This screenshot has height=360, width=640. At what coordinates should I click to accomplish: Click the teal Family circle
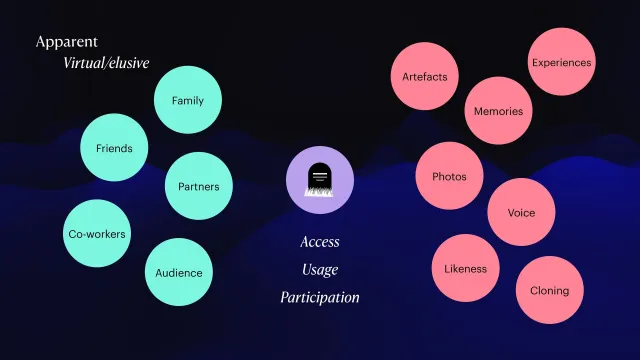pyautogui.click(x=188, y=100)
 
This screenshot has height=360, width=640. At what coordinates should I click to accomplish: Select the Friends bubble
pyautogui.click(x=114, y=147)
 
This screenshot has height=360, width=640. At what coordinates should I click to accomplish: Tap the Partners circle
pyautogui.click(x=199, y=186)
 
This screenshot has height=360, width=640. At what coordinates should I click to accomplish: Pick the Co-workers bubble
pyautogui.click(x=97, y=233)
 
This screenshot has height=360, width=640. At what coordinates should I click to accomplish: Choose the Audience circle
pyautogui.click(x=179, y=272)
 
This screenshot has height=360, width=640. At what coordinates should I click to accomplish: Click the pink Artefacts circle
pyautogui.click(x=424, y=76)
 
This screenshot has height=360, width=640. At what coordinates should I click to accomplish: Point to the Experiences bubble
pyautogui.click(x=562, y=62)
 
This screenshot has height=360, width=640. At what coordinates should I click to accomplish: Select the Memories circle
pyautogui.click(x=498, y=111)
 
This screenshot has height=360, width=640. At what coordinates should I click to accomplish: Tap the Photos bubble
pyautogui.click(x=449, y=176)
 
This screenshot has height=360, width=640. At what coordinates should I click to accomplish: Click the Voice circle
pyautogui.click(x=521, y=212)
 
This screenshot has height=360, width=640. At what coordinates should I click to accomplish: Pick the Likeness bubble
pyautogui.click(x=466, y=268)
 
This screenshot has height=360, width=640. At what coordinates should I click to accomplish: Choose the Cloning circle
pyautogui.click(x=550, y=290)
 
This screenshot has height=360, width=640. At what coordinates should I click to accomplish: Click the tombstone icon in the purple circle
pyautogui.click(x=320, y=180)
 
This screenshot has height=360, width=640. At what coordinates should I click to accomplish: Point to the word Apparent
pyautogui.click(x=67, y=42)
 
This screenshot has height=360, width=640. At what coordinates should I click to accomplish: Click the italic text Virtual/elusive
pyautogui.click(x=106, y=63)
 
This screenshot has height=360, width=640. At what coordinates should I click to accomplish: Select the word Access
pyautogui.click(x=320, y=242)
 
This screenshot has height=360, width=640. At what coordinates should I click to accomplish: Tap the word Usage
pyautogui.click(x=320, y=269)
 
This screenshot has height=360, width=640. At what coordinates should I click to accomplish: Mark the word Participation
pyautogui.click(x=320, y=297)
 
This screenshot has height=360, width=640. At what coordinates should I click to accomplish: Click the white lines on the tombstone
pyautogui.click(x=320, y=176)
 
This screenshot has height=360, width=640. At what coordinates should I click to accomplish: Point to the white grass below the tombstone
pyautogui.click(x=319, y=192)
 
